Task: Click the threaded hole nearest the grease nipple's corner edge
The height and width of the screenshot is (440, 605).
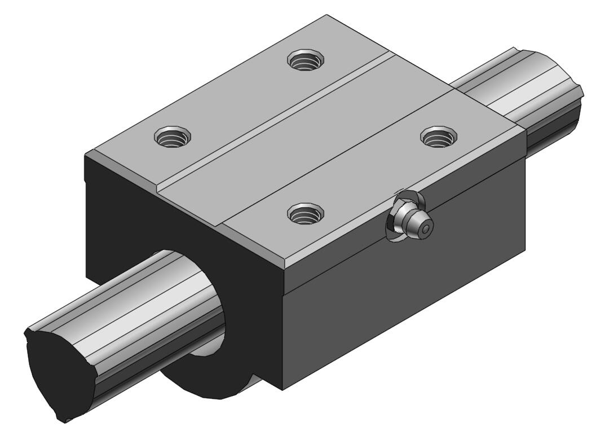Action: [x=305, y=213]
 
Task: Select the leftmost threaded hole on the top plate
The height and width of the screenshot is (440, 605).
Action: [x=173, y=136]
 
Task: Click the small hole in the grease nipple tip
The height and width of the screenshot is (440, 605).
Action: [x=427, y=228]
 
